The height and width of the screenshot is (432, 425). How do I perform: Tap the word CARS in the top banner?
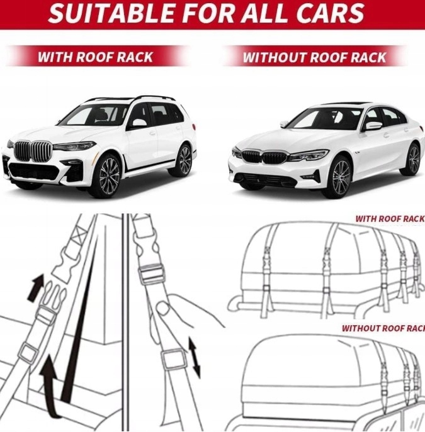tap(333, 13)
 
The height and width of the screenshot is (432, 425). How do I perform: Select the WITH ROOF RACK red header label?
tap(95, 57)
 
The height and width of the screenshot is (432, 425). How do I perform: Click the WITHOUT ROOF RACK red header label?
tap(314, 57)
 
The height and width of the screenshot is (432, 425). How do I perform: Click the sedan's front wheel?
tap(340, 177)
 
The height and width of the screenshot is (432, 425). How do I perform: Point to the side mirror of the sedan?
tap(373, 126)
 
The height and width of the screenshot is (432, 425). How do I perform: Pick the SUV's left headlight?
tap(74, 146)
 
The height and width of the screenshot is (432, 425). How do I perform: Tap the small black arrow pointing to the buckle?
tap(37, 287)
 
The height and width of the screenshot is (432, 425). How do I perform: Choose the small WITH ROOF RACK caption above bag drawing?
tap(390, 219)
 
